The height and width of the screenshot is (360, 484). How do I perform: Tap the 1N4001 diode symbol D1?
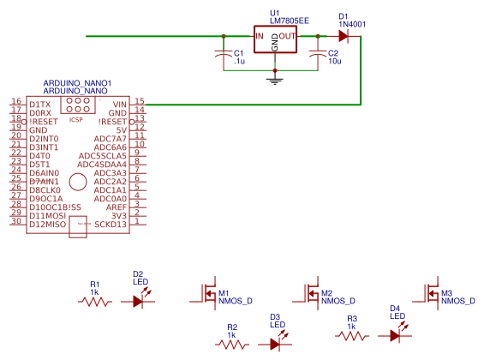coord(343,36)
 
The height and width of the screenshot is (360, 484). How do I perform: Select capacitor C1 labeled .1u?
coord(224,54)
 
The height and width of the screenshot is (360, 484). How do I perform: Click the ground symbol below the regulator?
coord(275,80)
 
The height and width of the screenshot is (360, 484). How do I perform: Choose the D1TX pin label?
coord(39,104)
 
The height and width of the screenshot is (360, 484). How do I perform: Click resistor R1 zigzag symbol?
coord(95,302)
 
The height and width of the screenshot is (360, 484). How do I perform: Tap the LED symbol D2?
coord(140,301)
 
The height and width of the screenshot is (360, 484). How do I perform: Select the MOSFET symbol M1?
coord(207,294)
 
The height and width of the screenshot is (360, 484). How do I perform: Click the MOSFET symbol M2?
coord(311,294)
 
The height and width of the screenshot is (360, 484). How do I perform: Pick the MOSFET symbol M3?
coord(430,293)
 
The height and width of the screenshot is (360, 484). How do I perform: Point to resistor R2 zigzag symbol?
coord(232,344)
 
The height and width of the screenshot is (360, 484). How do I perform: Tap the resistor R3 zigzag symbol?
coord(352,336)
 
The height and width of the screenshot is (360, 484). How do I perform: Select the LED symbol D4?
coord(396,335)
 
